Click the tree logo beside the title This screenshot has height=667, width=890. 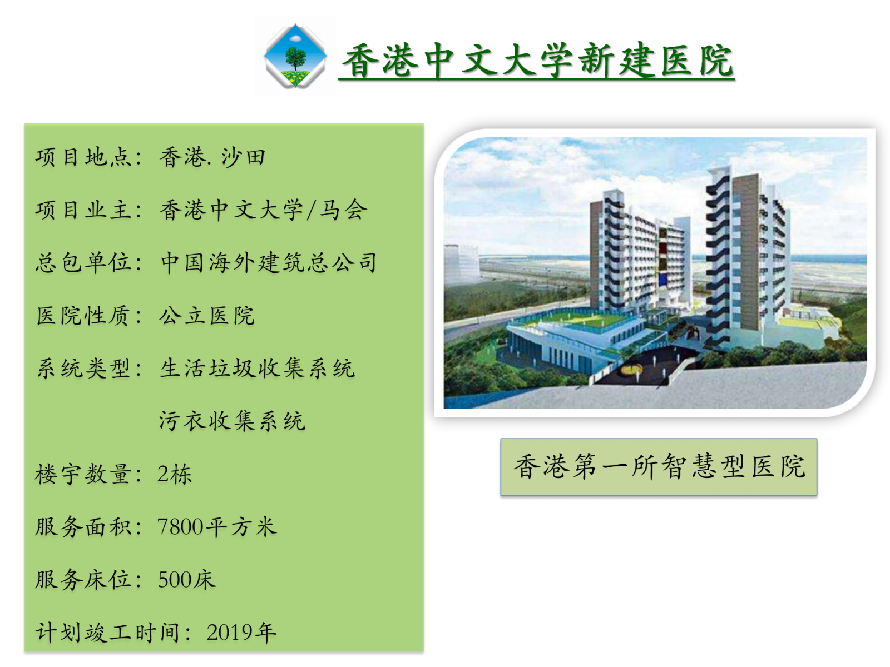click(x=295, y=56)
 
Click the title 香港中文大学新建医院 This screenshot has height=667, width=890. click(x=537, y=61)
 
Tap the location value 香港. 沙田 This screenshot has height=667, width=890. click(x=212, y=157)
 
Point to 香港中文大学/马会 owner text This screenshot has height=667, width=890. click(x=263, y=210)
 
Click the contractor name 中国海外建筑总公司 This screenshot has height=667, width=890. click(x=269, y=262)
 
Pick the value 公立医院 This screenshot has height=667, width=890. click(x=207, y=316)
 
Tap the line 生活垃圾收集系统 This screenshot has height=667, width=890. click(x=257, y=369)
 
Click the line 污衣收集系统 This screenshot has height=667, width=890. click(x=232, y=421)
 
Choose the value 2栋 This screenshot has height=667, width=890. click(x=174, y=474)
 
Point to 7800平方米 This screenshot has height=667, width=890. click(x=217, y=527)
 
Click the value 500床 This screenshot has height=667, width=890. click(x=186, y=580)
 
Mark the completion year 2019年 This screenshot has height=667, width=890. click(x=241, y=633)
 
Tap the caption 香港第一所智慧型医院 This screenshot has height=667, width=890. click(x=659, y=466)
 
